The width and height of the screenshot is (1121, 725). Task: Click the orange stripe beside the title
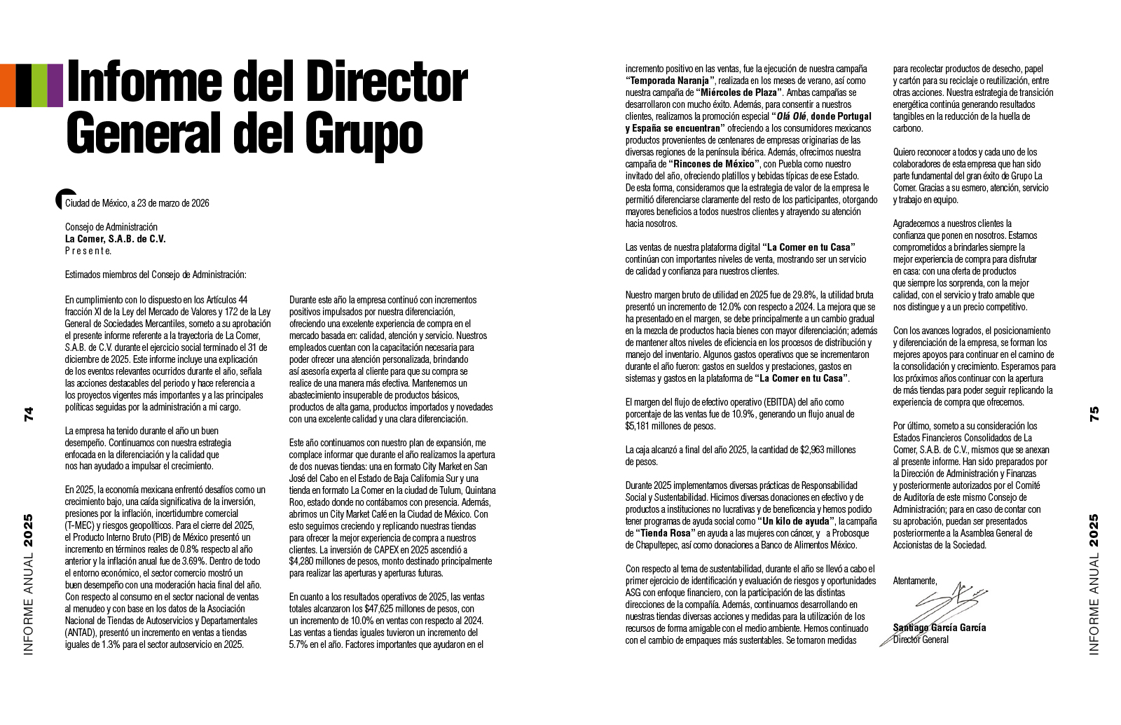click(8, 85)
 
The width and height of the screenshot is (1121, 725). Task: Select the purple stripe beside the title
click(55, 85)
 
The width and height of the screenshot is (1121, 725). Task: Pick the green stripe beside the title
click(39, 85)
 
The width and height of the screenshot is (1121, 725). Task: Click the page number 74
click(29, 414)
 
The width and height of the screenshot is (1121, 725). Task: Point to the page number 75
click(1094, 414)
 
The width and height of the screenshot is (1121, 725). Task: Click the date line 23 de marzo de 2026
click(170, 203)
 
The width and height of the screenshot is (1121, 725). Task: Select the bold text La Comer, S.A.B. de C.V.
click(116, 239)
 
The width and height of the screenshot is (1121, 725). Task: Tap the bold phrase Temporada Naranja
click(670, 81)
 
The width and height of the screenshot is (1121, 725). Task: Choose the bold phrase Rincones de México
click(713, 164)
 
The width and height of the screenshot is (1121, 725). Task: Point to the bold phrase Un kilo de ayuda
click(796, 521)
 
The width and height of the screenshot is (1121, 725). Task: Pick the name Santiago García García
click(939, 628)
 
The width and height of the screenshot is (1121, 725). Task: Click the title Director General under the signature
click(921, 640)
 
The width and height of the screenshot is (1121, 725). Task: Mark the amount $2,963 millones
click(827, 450)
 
